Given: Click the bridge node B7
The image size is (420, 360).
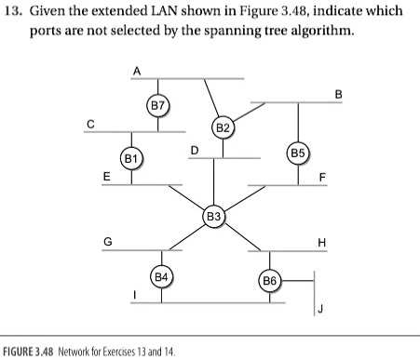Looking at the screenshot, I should (x=158, y=105).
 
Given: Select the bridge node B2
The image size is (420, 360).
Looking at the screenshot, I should (x=222, y=127).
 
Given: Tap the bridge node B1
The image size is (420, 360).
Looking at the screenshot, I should (x=133, y=158).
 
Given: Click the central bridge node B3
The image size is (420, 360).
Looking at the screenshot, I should (x=214, y=217).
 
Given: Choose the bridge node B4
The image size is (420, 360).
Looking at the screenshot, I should (x=161, y=277).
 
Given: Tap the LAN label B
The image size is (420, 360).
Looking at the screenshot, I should (x=338, y=93).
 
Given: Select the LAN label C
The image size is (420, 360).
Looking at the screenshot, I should (x=90, y=122).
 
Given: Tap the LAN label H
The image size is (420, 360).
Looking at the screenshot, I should (x=322, y=242).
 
